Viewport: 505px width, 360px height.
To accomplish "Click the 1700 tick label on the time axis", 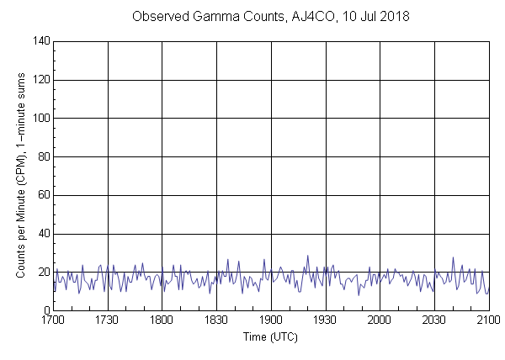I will [x=53, y=320].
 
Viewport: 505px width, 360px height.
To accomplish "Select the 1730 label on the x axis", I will [x=107, y=320].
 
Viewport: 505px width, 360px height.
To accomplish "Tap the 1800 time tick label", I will [x=162, y=320].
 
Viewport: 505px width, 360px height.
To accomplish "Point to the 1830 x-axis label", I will [x=216, y=320].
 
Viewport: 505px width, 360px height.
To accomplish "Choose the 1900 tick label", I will [x=271, y=320].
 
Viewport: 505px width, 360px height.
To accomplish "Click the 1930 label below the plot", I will [x=325, y=320].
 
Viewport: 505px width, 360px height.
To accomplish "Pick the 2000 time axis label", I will [x=380, y=320].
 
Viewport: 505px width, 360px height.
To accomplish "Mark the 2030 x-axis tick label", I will [x=434, y=320].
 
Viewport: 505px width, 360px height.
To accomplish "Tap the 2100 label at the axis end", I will [x=488, y=320].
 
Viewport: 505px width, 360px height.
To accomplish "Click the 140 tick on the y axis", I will [x=40, y=41].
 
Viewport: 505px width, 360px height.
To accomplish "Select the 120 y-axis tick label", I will [x=40, y=80].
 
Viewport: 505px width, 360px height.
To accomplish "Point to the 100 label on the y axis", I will [x=40, y=119].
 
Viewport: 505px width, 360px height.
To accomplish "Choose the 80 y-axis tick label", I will [x=43, y=156].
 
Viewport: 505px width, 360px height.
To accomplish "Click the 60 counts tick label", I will [x=43, y=195].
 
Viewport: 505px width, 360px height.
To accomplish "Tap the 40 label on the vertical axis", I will [x=43, y=234].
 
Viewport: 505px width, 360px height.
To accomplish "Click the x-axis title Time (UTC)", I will [x=270, y=336].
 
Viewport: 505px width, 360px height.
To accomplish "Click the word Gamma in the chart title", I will [x=214, y=17].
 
